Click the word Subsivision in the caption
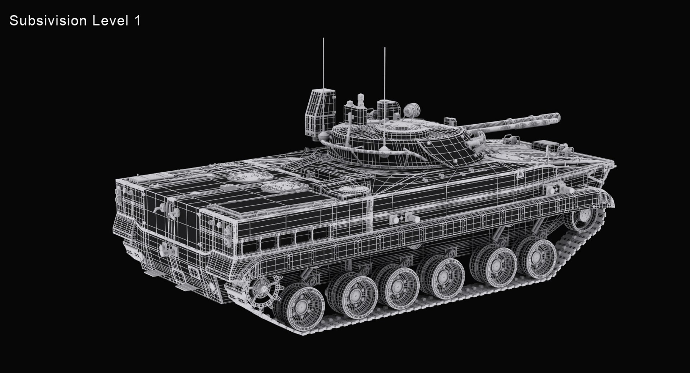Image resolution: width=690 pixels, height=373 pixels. coord(48,21)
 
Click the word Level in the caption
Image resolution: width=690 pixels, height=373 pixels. coord(110,21)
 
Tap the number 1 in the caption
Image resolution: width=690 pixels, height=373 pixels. coord(137,21)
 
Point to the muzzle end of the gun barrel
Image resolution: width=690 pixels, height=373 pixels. coord(557,117)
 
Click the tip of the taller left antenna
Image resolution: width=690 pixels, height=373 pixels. coord(323,38)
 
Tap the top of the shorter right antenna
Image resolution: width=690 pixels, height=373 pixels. coord(385,48)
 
